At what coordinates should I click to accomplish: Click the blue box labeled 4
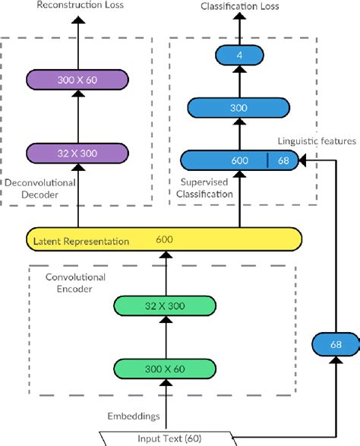coord(240,55)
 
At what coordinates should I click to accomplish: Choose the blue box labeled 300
coord(240,108)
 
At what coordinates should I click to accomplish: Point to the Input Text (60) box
coord(165,437)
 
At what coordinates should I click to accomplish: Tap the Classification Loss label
coord(239,6)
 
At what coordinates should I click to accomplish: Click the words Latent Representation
coord(78,241)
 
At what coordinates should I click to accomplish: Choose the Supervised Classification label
coord(205,188)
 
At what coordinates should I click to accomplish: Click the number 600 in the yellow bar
coord(163,240)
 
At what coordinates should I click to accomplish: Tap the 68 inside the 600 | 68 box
coord(283,160)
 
